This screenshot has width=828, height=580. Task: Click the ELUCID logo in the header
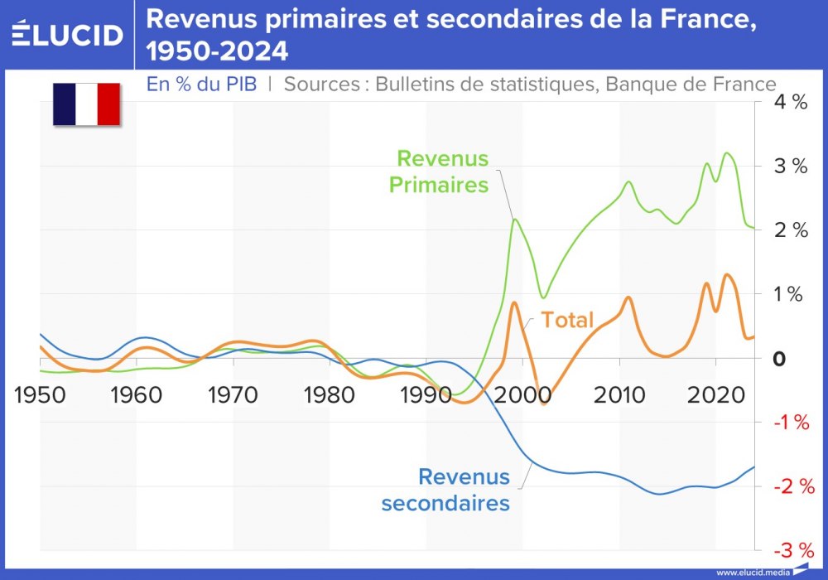pos(68,34)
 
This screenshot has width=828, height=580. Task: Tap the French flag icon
pos(87,104)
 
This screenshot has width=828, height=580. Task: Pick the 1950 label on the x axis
pos(41,394)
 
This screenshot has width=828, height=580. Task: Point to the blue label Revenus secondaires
pos(445,490)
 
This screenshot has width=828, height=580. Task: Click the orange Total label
pos(568,319)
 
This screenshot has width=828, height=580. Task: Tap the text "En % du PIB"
pos(201,84)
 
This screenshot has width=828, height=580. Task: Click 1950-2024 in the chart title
pos(217,51)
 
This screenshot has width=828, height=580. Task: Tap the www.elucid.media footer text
pos(752,573)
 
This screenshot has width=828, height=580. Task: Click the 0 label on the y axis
pos(778,359)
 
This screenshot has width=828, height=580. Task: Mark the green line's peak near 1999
pos(515,219)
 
